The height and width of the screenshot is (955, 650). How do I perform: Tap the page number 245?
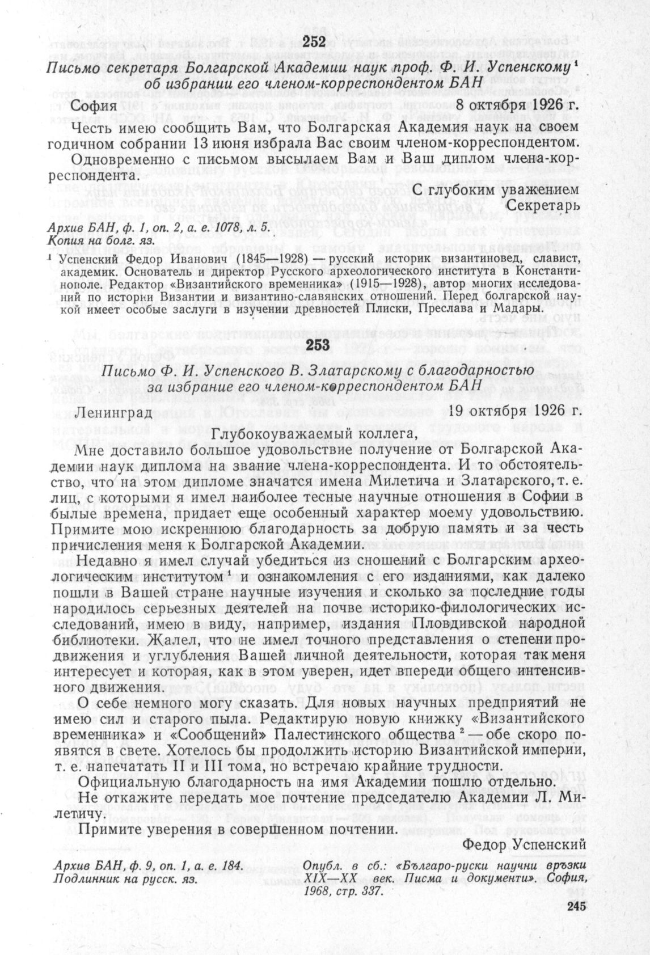click(575, 906)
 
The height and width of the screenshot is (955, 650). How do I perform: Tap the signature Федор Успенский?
click(524, 845)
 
